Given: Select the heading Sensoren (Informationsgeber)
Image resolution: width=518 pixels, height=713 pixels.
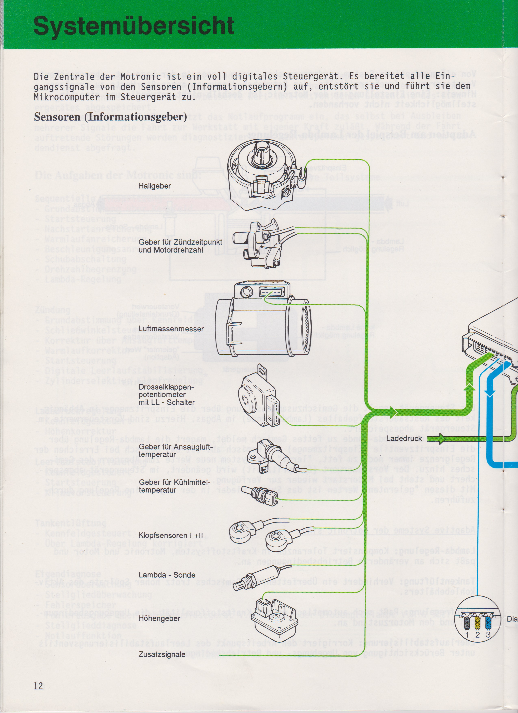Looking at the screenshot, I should click(x=110, y=117).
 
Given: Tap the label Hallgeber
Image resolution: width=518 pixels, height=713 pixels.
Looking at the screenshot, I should click(x=155, y=186).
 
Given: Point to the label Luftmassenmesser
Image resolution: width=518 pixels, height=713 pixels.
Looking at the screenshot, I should click(x=171, y=329).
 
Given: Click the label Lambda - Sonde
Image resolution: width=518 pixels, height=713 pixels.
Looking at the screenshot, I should click(x=167, y=575).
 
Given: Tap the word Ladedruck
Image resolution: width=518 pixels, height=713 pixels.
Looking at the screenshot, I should click(x=404, y=439).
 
